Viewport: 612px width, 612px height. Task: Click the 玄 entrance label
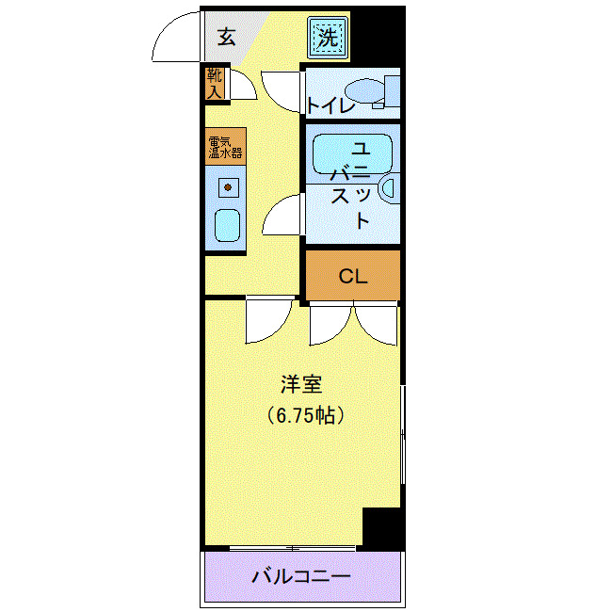[x=226, y=38]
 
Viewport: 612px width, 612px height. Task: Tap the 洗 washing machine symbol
[x=327, y=39]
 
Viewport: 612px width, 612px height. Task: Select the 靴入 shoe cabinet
[x=215, y=83]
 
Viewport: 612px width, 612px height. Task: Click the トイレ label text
[x=330, y=105]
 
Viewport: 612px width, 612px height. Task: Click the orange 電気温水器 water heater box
[x=226, y=146]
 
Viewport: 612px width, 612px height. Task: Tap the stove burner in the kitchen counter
[x=227, y=187]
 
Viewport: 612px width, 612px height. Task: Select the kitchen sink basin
[x=227, y=225]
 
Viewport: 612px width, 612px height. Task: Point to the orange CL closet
[x=352, y=276]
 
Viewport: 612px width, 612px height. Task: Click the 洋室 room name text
[x=301, y=384]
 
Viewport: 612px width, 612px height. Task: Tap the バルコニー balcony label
[x=301, y=575]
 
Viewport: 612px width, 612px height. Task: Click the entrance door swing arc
[x=176, y=38]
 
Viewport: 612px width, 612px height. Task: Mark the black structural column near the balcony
[x=382, y=528]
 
